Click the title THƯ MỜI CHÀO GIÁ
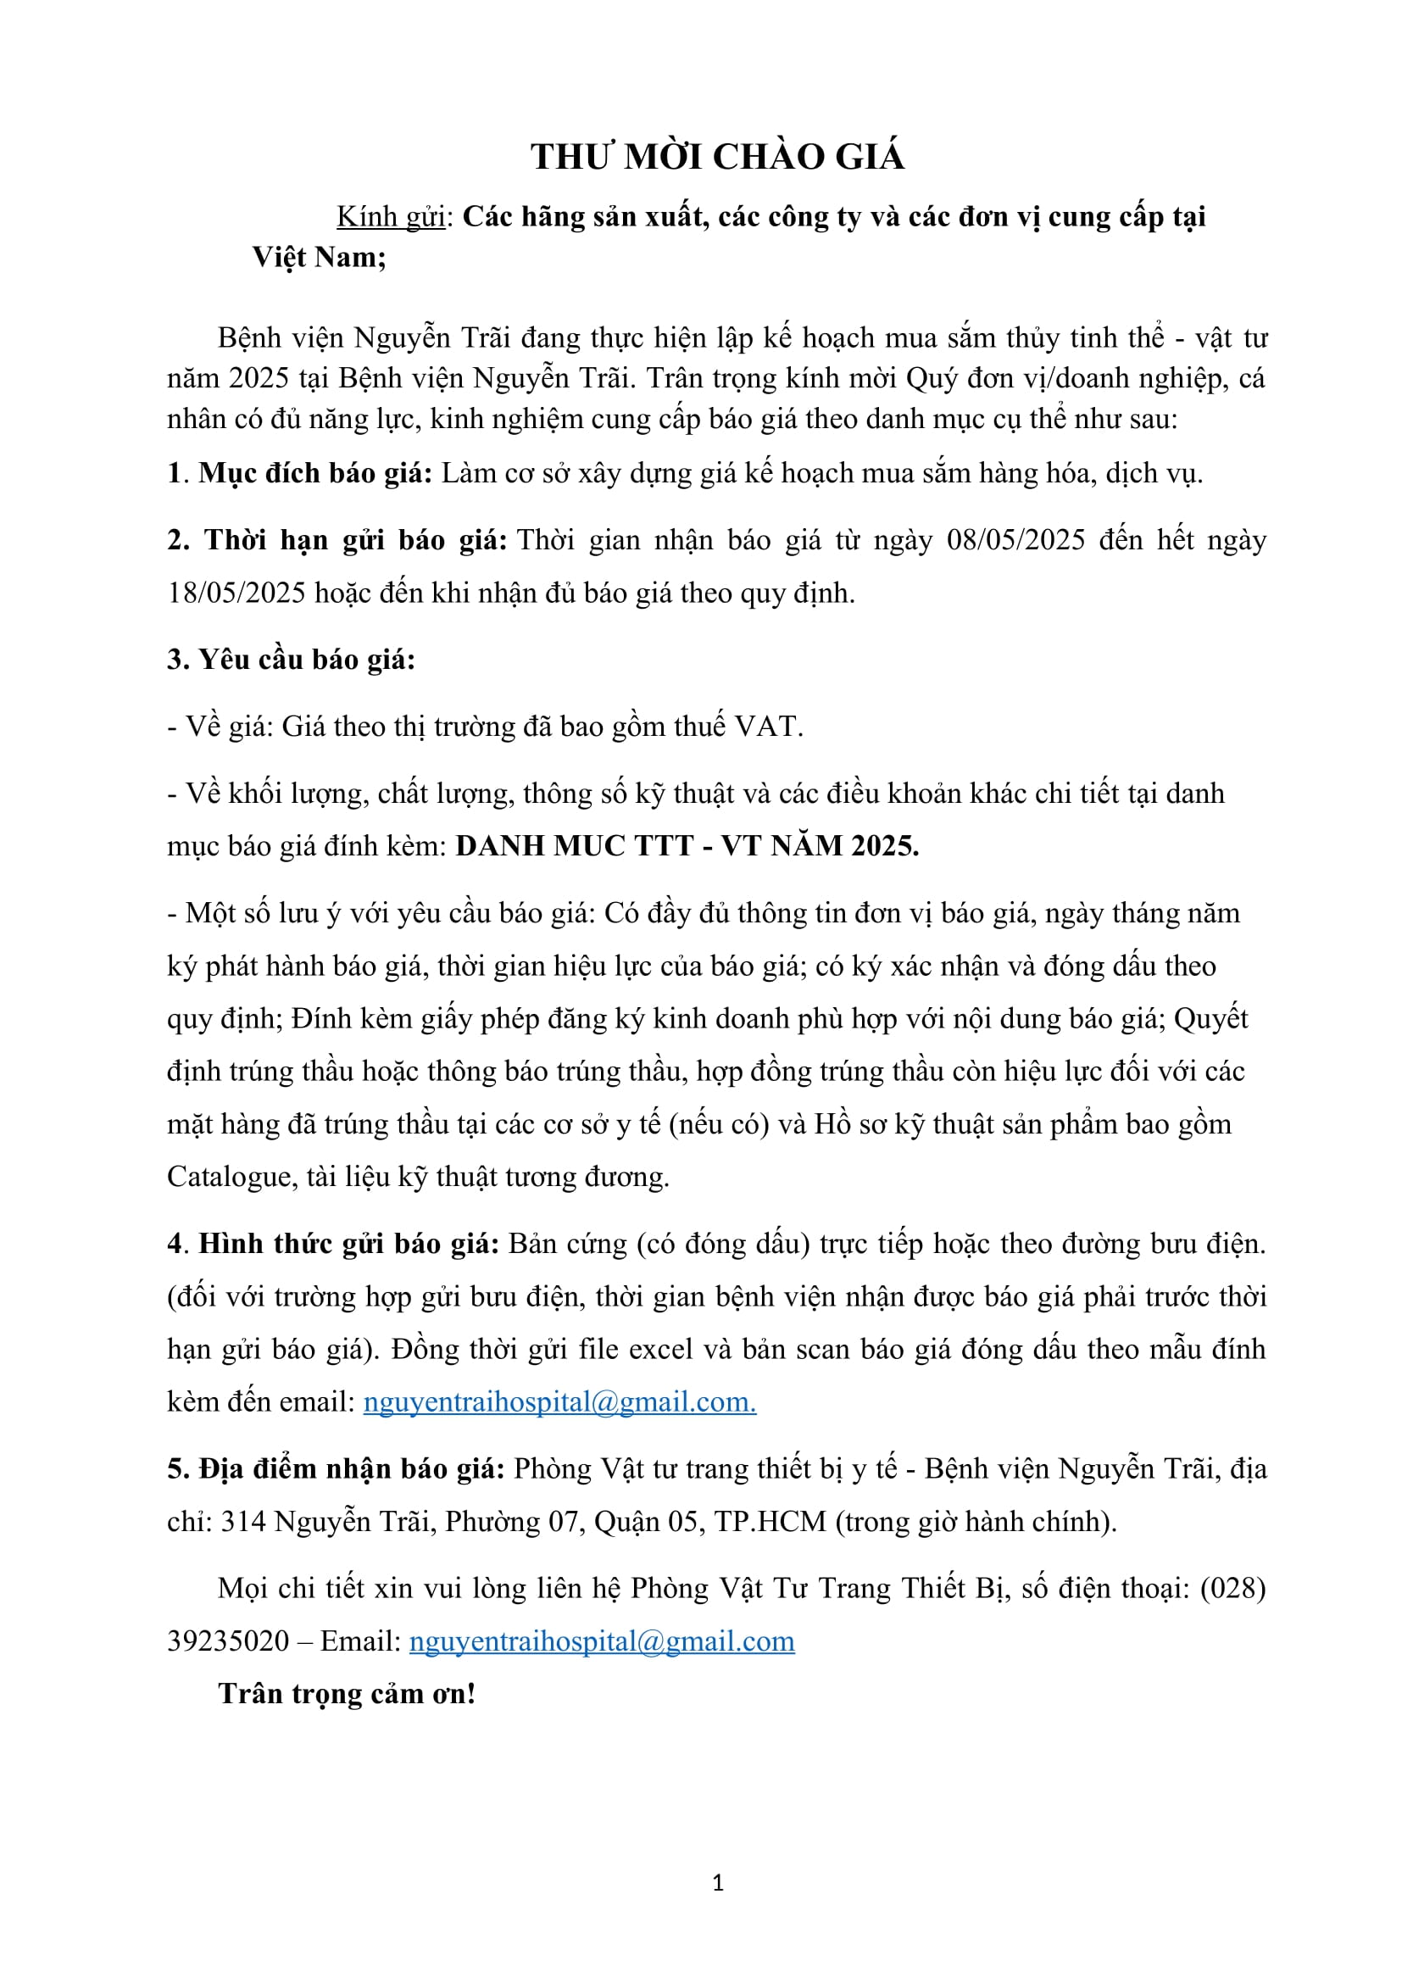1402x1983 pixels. click(x=717, y=157)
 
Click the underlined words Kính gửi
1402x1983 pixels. click(x=390, y=217)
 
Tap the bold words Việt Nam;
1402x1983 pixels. click(x=319, y=258)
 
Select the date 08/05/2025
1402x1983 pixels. click(x=1015, y=541)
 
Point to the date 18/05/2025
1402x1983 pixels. click(x=236, y=593)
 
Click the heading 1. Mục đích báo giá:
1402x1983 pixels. click(x=299, y=473)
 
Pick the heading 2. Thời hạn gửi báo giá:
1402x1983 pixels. click(x=337, y=541)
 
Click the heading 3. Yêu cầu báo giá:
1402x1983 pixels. click(x=291, y=660)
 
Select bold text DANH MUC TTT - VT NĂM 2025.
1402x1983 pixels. click(x=687, y=846)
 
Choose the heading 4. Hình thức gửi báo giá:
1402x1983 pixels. click(x=333, y=1245)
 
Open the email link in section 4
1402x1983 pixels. click(x=559, y=1401)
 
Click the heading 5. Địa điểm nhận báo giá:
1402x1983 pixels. click(x=336, y=1469)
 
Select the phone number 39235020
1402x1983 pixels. click(x=228, y=1642)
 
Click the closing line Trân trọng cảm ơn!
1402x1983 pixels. click(x=347, y=1695)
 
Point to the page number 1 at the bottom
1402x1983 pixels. click(x=718, y=1884)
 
